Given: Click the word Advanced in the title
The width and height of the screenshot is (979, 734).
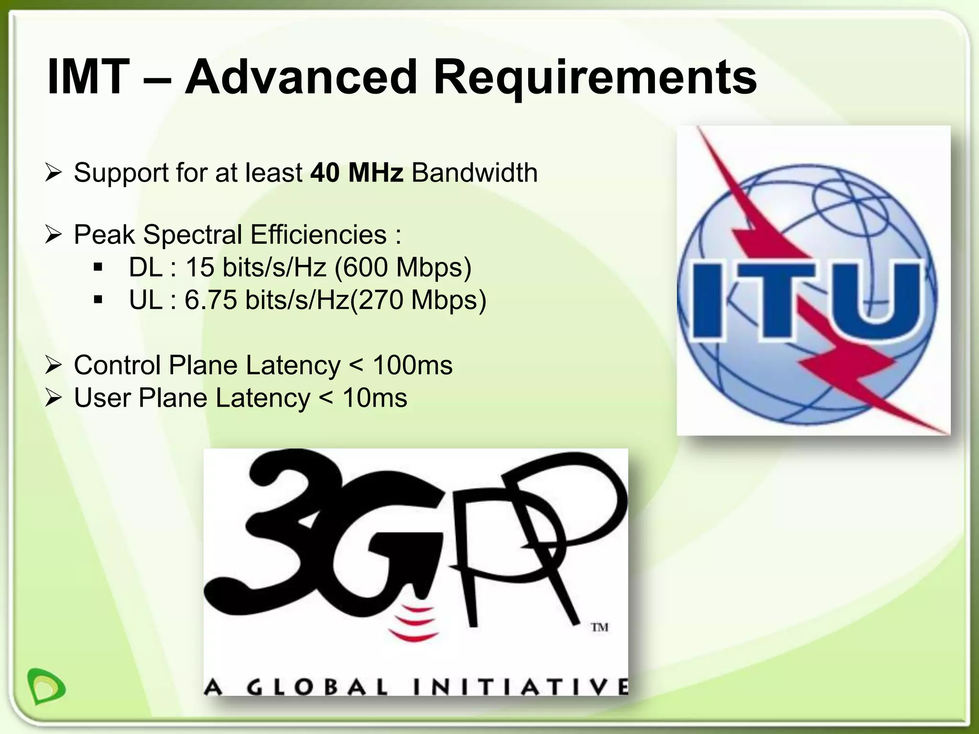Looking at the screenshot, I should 302,77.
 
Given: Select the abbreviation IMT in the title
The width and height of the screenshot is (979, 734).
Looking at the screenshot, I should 88,77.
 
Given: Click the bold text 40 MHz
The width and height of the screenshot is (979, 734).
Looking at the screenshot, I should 357,173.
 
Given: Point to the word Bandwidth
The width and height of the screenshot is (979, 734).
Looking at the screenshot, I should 475,173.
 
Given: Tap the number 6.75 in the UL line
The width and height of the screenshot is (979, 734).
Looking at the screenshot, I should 211,300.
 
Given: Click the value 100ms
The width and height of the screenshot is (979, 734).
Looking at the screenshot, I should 412,366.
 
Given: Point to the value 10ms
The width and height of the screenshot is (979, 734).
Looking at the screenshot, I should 375,398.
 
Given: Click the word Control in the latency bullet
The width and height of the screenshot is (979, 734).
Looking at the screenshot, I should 117,366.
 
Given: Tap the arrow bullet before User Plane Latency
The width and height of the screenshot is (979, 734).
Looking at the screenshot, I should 53,398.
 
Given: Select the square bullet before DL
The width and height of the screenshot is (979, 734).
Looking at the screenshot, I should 98,268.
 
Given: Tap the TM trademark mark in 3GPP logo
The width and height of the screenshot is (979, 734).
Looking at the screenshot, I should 599,627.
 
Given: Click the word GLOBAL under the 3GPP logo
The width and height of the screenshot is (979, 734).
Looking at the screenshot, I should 317,688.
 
